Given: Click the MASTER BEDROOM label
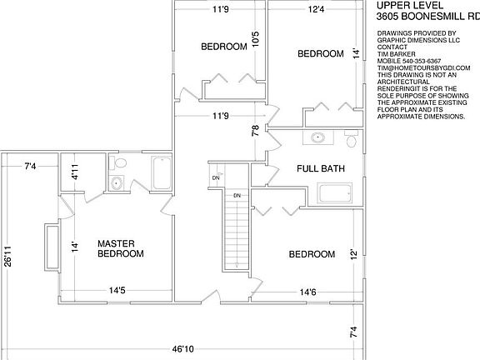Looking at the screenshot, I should point(121,247).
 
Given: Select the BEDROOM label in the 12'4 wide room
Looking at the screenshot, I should point(321,53).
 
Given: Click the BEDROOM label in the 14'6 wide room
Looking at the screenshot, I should point(312,254).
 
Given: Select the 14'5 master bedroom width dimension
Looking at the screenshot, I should point(118,291).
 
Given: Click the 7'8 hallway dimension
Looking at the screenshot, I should point(256,130).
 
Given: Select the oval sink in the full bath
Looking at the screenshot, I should point(317,138).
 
